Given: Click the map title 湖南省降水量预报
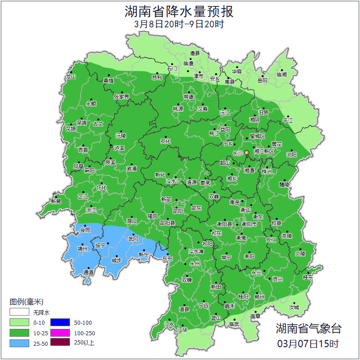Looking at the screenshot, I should tap(180, 11).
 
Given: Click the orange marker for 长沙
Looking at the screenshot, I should tap(247, 152).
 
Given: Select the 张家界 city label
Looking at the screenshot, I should tap(121, 97).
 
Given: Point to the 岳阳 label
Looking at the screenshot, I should tap(262, 81).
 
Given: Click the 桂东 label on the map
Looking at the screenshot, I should tap(308, 277).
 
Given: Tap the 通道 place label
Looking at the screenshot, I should tap(88, 273).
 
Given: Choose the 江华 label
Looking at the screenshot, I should tap(183, 329).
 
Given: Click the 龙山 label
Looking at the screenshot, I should tap(70, 77).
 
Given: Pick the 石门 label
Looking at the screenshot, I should tap(172, 69).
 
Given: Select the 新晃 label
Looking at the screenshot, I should tap(56, 201).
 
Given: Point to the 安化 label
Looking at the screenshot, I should tap(165, 141).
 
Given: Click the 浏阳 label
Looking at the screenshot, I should tap(291, 155).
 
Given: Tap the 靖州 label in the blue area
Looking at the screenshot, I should tap(82, 249).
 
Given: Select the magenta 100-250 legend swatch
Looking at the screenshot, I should tap(60, 333).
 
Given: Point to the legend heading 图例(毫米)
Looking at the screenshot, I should tap(26, 302).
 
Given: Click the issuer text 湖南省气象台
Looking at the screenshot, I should tap(308, 328).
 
